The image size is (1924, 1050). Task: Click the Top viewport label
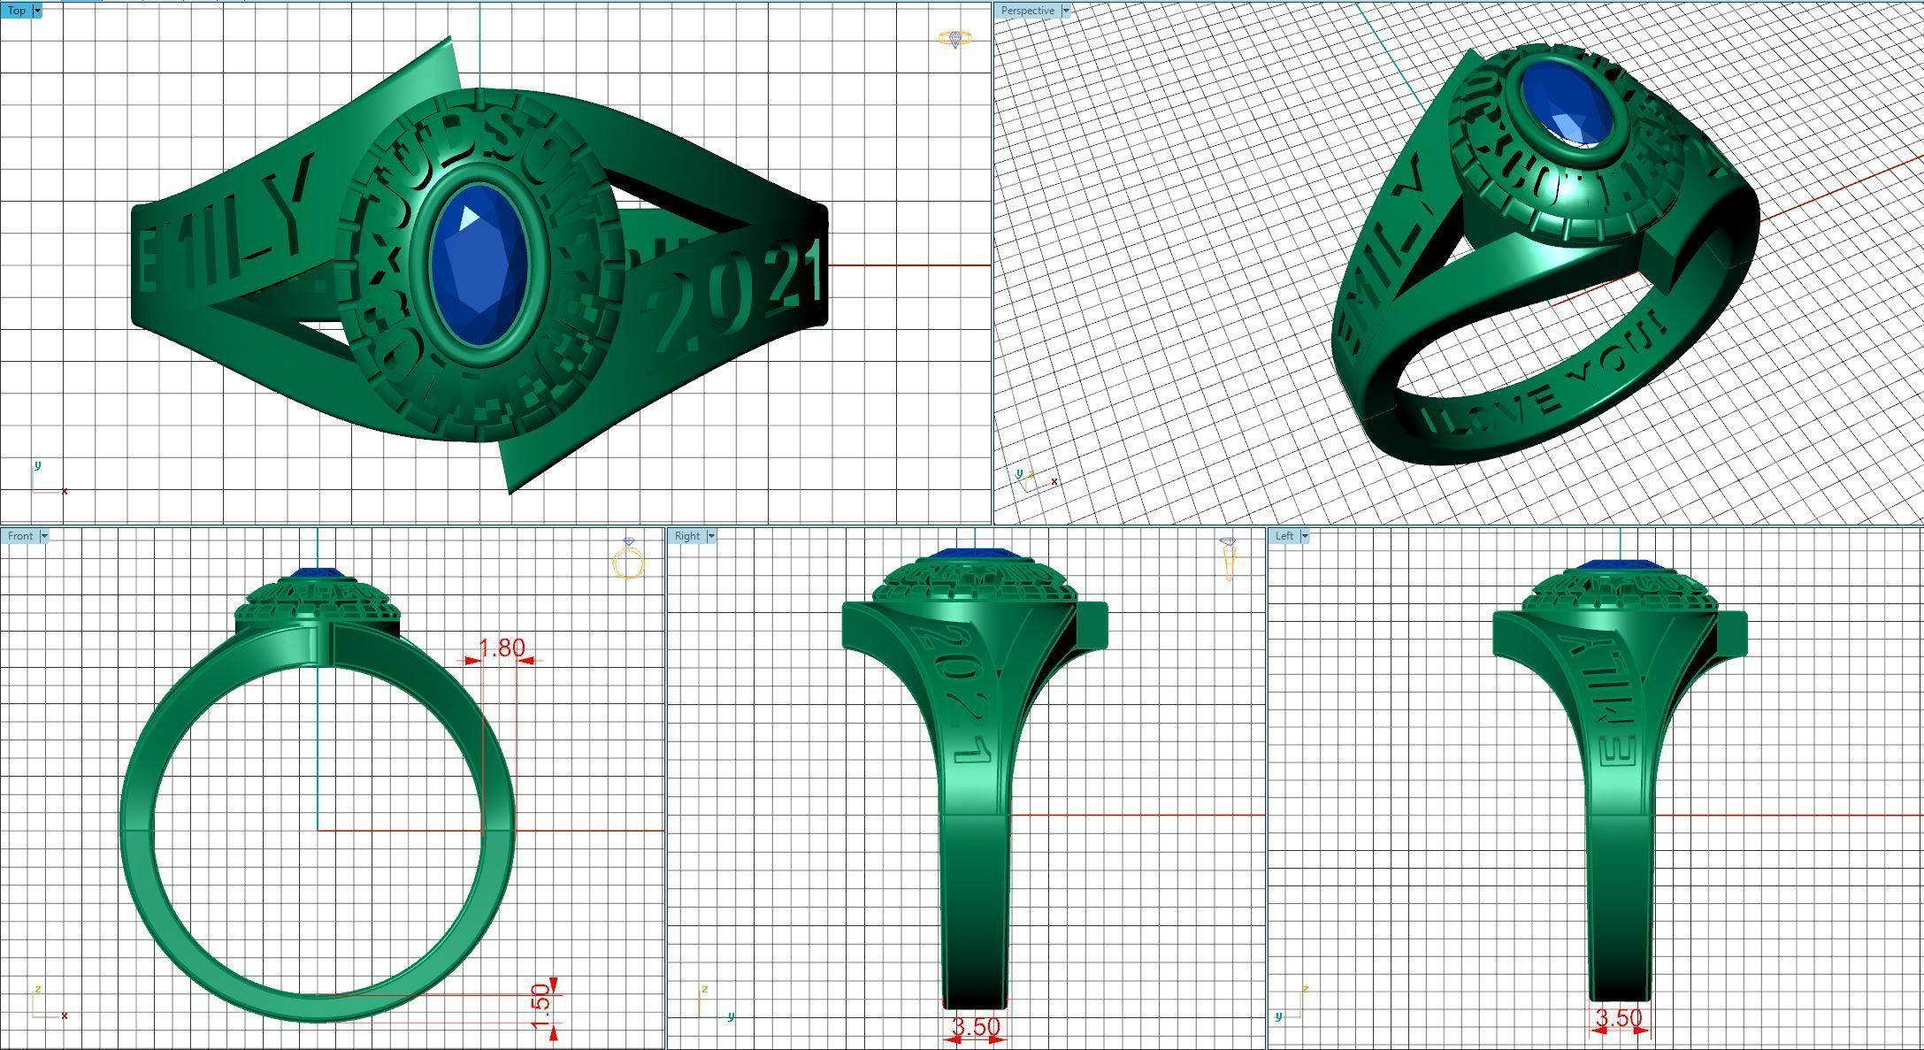click(16, 11)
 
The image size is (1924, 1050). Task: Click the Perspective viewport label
click(1027, 11)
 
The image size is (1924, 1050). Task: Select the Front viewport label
click(20, 536)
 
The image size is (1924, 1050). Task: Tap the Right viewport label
click(686, 536)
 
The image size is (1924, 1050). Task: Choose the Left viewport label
click(1284, 536)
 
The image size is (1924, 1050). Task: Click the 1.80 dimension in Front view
click(502, 648)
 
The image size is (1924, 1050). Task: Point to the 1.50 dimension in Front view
click(540, 1008)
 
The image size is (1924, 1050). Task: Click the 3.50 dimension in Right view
click(975, 1027)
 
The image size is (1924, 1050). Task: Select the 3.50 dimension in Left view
click(1618, 1018)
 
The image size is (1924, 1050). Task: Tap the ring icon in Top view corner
click(954, 39)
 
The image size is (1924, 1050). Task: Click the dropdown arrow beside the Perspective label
click(1066, 11)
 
